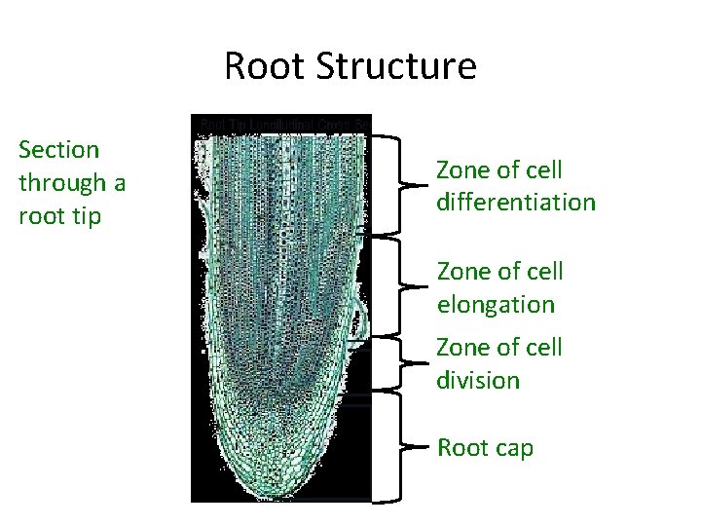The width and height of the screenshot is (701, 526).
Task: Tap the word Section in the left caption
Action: pos(58,149)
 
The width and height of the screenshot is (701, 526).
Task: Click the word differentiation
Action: pos(516,203)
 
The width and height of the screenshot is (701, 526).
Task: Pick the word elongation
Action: pos(496,304)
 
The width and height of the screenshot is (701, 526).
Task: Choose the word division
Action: pos(479,380)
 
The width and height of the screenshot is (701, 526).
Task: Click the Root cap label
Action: pos(486,447)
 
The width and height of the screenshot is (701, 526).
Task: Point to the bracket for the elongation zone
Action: pos(399,286)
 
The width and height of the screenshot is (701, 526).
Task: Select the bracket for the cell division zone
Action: pos(399,362)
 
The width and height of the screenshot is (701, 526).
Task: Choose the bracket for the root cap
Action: pos(399,447)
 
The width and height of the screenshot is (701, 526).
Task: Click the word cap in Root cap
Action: pos(514,448)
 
